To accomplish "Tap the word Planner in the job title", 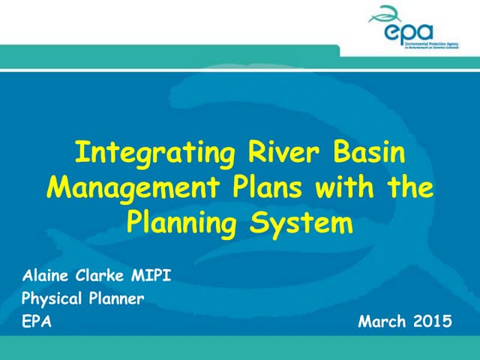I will pos(115,299).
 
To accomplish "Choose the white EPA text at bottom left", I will pos(37,322).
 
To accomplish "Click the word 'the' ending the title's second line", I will pos(409,187).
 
